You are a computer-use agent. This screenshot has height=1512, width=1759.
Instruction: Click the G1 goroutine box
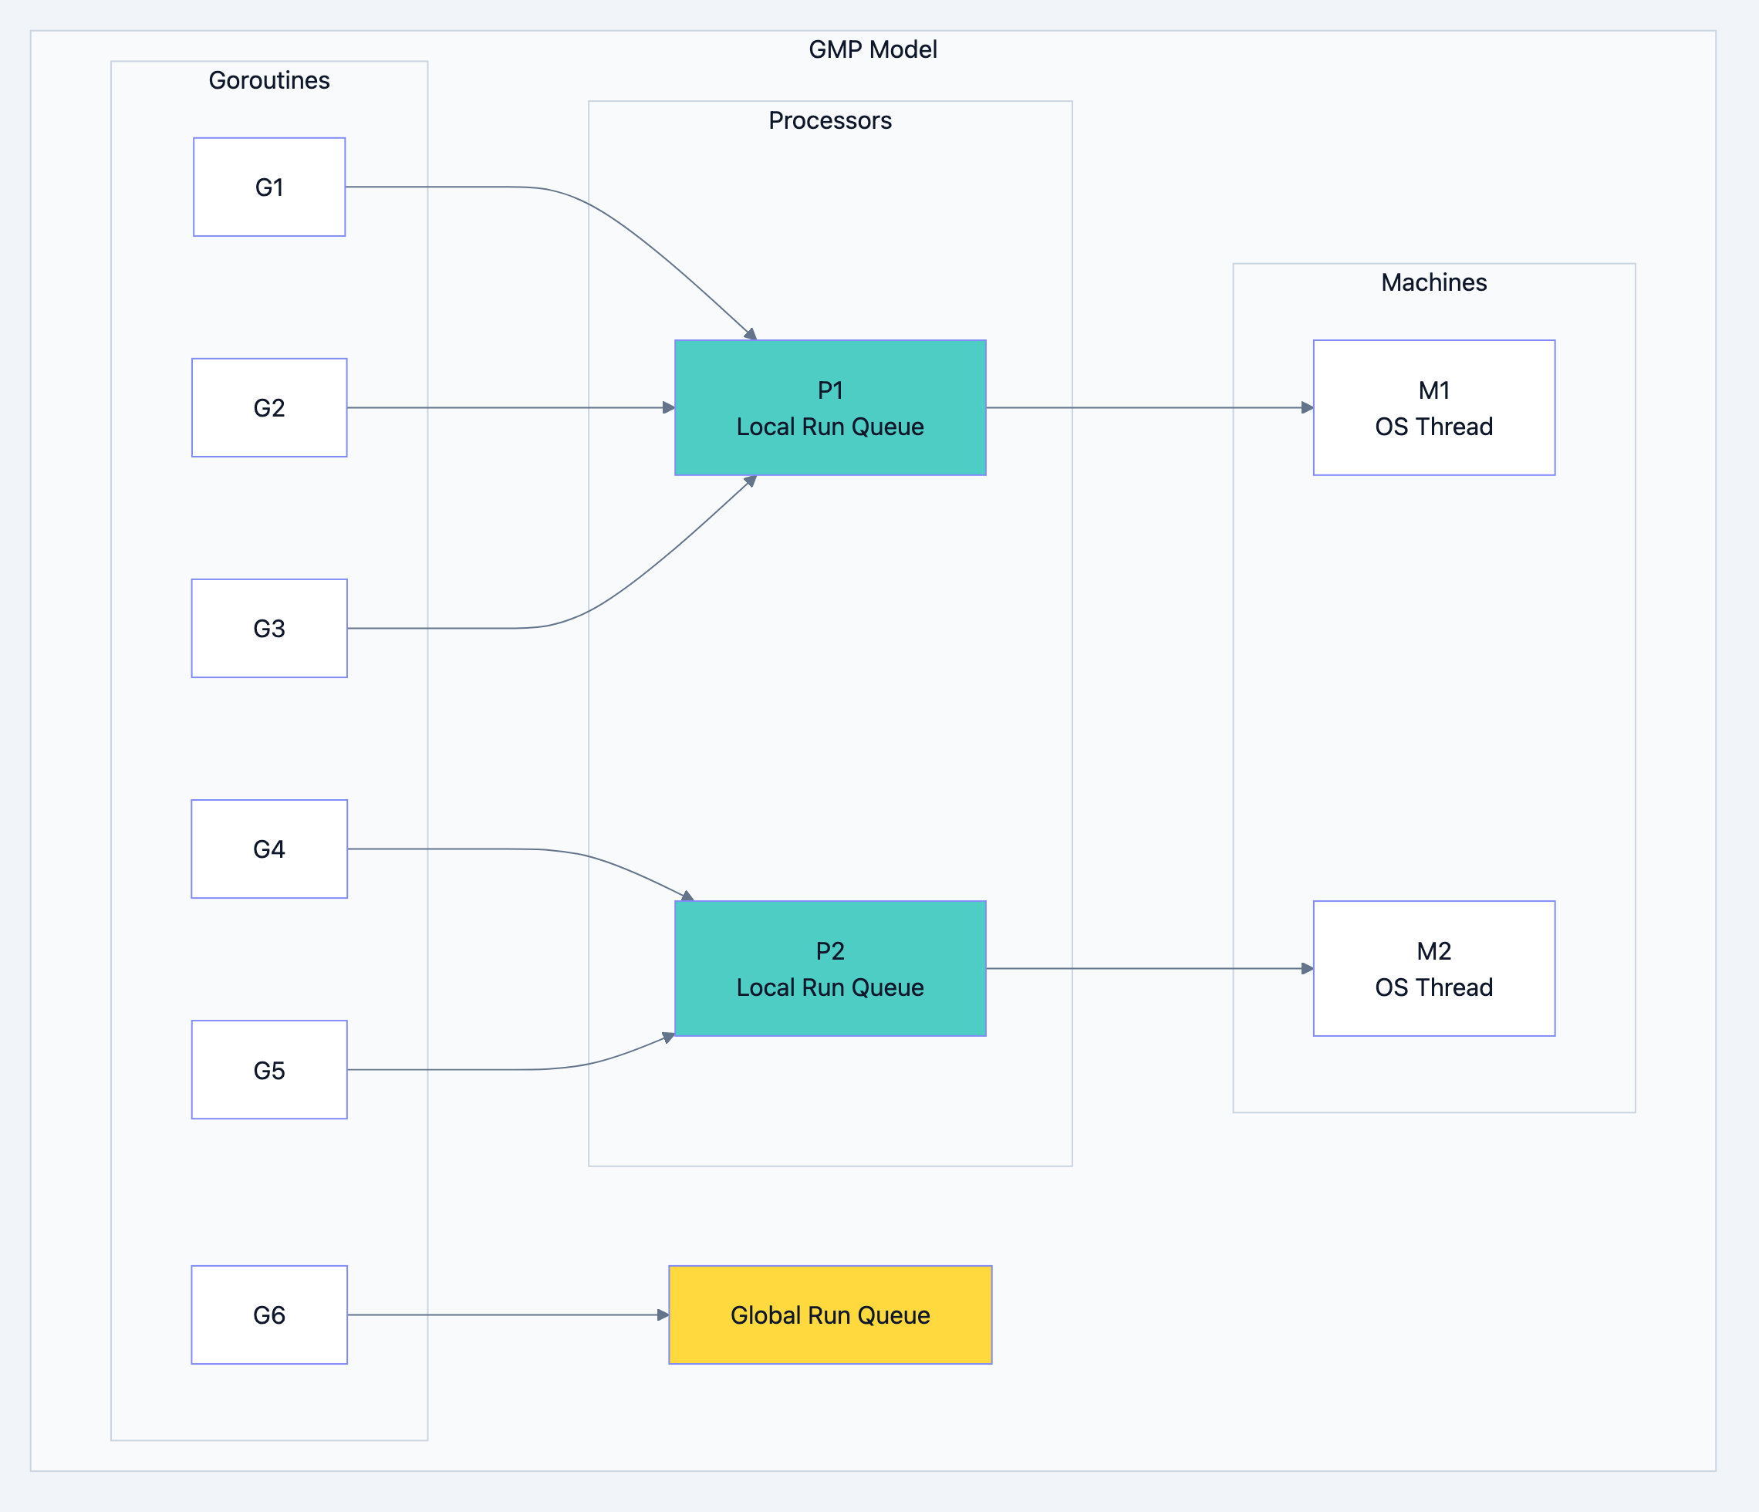tap(269, 187)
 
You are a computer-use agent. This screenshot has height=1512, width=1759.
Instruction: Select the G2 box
tap(269, 407)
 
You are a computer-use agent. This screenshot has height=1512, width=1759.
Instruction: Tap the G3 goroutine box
tap(269, 628)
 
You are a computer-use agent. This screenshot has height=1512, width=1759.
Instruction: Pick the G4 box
tap(269, 849)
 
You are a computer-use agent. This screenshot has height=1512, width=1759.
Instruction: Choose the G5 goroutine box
tap(269, 1070)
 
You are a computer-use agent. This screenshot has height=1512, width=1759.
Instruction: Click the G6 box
tap(269, 1315)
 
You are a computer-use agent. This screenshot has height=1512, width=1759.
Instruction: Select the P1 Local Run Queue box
tap(830, 407)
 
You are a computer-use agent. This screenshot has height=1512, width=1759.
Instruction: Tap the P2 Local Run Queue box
tap(830, 969)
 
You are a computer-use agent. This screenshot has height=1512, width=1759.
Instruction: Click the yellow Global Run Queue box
tap(830, 1315)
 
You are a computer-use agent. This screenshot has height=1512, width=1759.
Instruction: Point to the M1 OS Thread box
tap(1434, 407)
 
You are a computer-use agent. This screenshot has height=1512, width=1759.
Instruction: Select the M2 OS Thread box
tap(1434, 969)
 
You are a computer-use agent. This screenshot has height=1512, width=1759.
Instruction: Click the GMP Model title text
tap(873, 49)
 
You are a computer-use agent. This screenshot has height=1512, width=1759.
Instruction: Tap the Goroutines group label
tap(269, 79)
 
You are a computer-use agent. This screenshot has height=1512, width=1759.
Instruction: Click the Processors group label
tap(830, 120)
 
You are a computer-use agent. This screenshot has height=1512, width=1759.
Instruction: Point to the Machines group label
tap(1434, 282)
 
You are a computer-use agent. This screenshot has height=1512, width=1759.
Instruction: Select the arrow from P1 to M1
tap(1146, 407)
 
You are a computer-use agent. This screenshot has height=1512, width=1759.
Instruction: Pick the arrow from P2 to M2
tap(1146, 969)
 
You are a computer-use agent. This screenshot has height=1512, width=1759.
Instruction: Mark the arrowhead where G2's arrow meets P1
tap(669, 407)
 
